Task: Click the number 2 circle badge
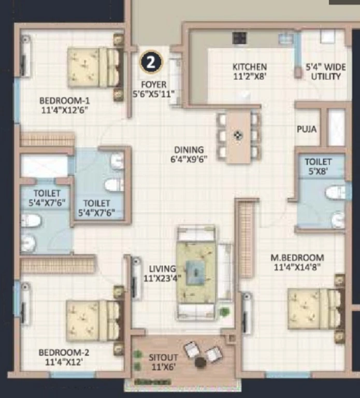[151, 62]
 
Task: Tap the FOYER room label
[154, 84]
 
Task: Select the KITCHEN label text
[250, 67]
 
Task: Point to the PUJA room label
[307, 129]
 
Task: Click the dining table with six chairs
[239, 136]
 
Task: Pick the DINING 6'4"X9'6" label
[189, 154]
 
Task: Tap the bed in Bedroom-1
[95, 68]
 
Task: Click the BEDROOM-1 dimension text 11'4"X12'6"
[64, 110]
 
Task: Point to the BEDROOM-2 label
[64, 352]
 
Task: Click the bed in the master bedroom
[316, 309]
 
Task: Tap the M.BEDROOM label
[297, 258]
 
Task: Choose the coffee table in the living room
[195, 273]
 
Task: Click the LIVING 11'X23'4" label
[163, 274]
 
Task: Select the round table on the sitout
[201, 362]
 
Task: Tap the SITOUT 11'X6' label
[163, 362]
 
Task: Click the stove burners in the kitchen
[239, 38]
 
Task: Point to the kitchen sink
[286, 39]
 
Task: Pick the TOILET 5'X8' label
[318, 166]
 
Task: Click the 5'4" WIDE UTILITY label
[326, 72]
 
